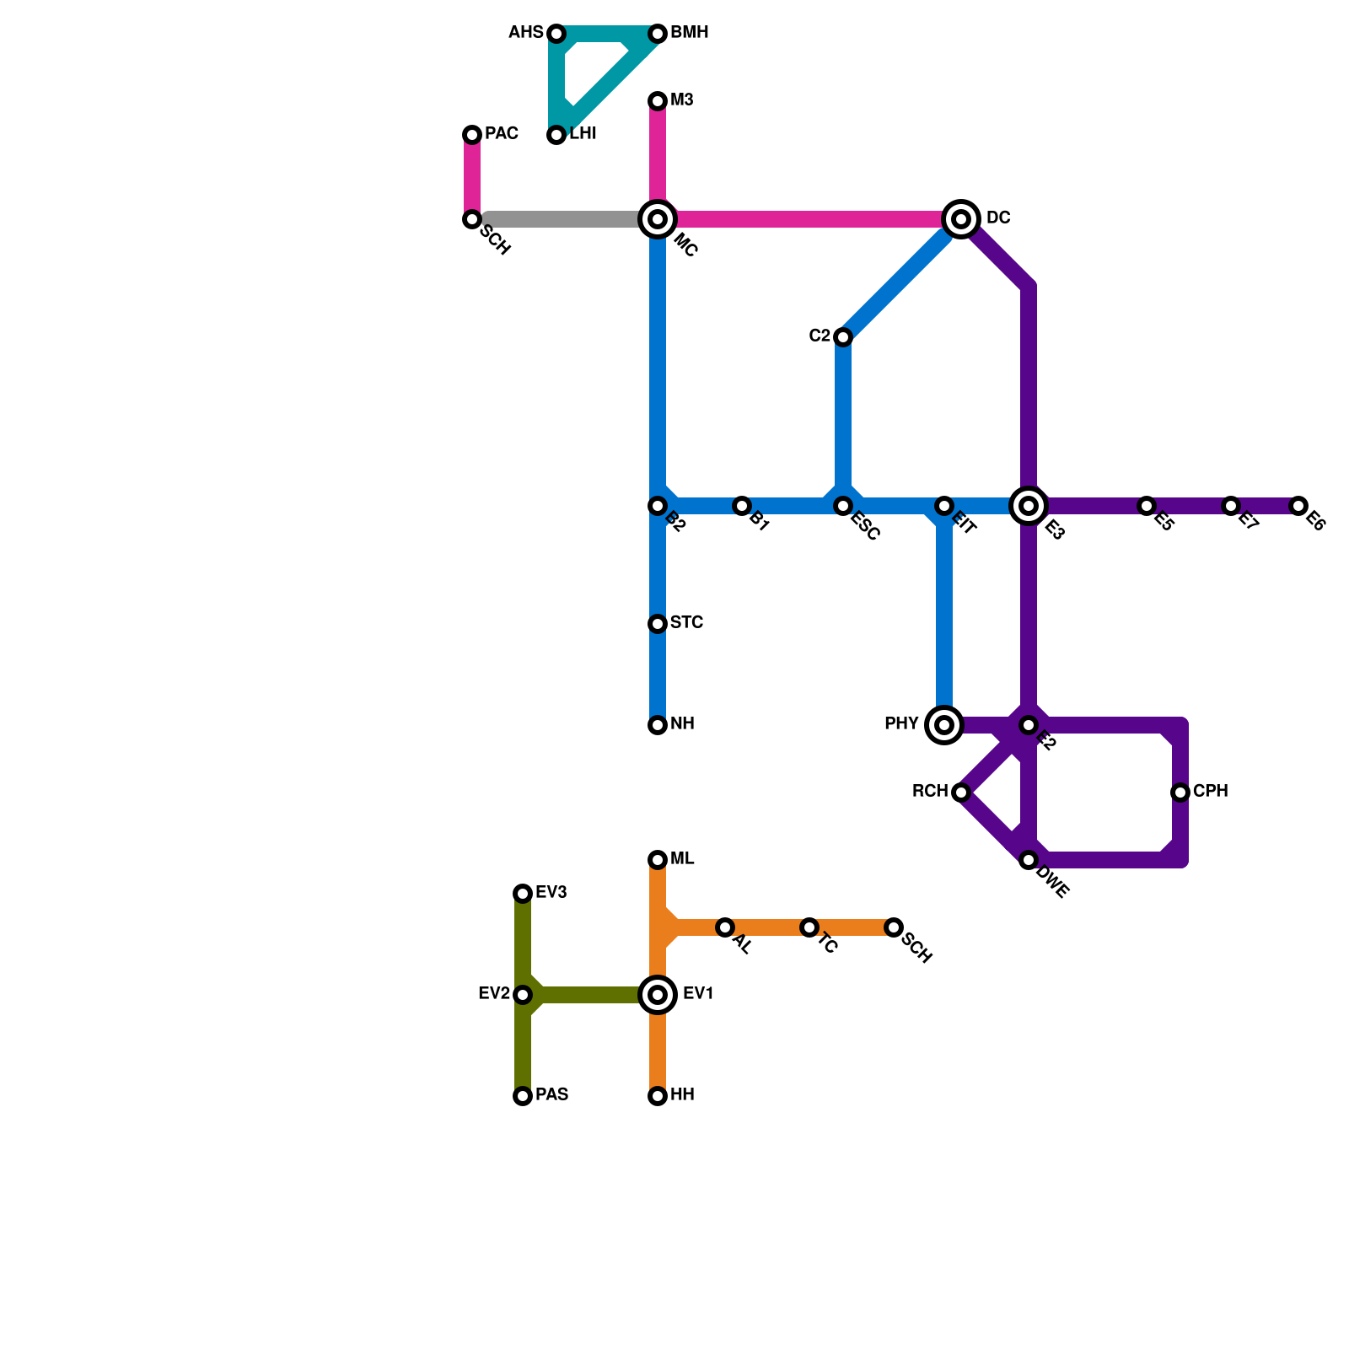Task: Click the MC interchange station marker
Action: [x=658, y=219]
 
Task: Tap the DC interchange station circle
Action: [x=961, y=219]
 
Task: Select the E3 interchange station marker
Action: [x=1029, y=506]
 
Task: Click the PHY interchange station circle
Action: [x=944, y=725]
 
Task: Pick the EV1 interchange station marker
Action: [x=658, y=995]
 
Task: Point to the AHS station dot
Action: [x=556, y=34]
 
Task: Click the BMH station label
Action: [x=690, y=33]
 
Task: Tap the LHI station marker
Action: [x=556, y=135]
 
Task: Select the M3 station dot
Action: [x=658, y=101]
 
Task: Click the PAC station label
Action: [x=502, y=134]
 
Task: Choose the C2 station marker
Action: [x=843, y=337]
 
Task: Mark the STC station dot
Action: [x=658, y=624]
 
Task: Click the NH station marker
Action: [x=658, y=725]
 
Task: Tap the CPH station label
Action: [x=1210, y=792]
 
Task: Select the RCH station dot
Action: [x=961, y=793]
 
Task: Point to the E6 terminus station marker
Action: [x=1298, y=506]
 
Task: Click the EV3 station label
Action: [x=551, y=893]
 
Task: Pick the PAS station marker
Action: [x=523, y=1096]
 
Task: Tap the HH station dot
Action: [x=658, y=1096]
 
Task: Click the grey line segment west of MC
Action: [x=565, y=219]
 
